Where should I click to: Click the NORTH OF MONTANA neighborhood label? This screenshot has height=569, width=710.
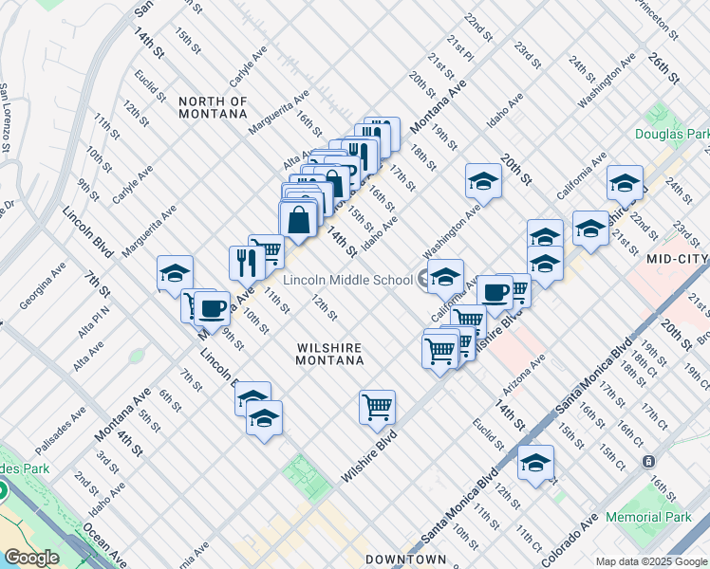click(213, 107)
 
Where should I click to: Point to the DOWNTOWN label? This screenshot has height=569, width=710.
click(405, 560)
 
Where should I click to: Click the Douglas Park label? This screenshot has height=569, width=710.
click(672, 135)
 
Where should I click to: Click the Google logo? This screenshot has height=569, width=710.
click(31, 558)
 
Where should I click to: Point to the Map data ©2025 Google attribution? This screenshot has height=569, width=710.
click(650, 561)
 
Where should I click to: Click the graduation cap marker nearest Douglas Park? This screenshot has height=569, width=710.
click(625, 182)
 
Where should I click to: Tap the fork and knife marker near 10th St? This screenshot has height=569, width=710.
click(246, 262)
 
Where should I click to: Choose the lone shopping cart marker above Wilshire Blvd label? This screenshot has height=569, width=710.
click(377, 407)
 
